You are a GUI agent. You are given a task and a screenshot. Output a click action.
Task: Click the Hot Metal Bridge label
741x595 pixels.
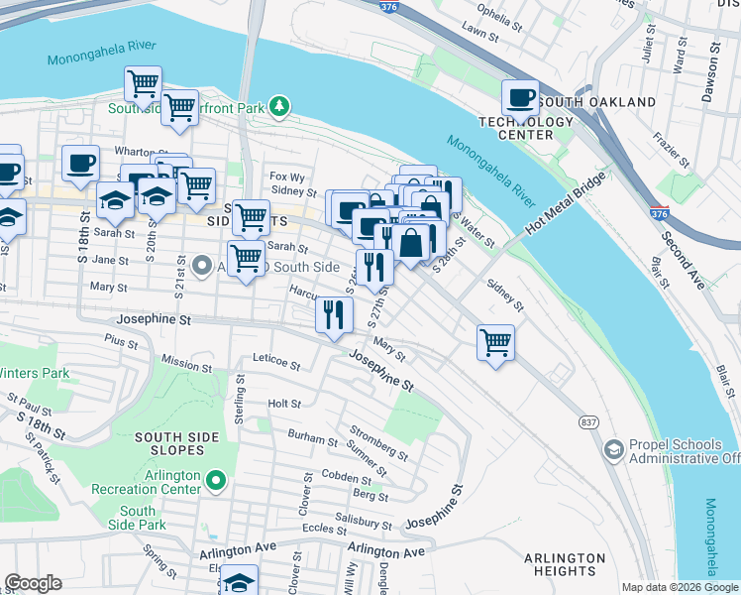(x=564, y=207)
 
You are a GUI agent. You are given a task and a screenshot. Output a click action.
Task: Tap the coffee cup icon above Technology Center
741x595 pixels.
(x=521, y=98)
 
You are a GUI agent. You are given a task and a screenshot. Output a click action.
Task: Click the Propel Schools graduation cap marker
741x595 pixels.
(x=614, y=449)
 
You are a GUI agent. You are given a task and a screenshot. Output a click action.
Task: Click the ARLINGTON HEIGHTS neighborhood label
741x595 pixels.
(x=566, y=564)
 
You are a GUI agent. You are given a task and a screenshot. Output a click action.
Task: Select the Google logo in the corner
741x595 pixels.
(x=33, y=583)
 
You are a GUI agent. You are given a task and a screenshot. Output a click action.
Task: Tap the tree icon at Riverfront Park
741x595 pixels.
(x=280, y=104)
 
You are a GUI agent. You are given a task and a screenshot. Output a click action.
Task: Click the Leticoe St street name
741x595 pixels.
(x=276, y=363)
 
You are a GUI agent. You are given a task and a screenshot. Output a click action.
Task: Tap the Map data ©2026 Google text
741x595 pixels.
(x=680, y=587)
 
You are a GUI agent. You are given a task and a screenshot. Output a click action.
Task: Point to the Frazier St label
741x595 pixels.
(x=678, y=152)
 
